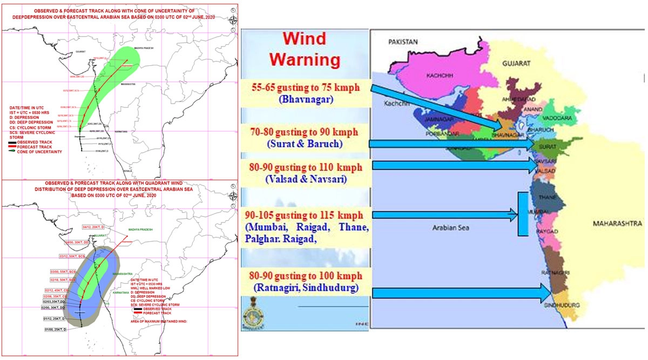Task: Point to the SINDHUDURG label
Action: pyautogui.click(x=559, y=305)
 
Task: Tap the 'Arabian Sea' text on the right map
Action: pyautogui.click(x=451, y=228)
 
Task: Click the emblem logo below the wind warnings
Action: pyautogui.click(x=253, y=316)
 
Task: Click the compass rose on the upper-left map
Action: pyautogui.click(x=232, y=21)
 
